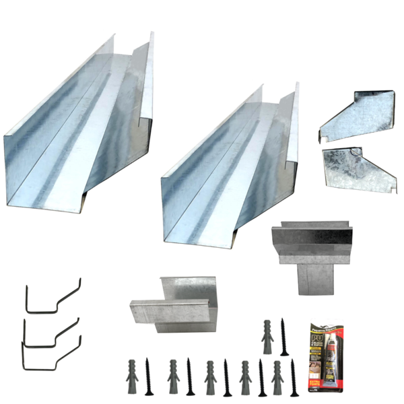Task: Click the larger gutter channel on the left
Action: point(74,135)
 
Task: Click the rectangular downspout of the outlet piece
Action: point(314,277)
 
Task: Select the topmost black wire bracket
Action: point(53,296)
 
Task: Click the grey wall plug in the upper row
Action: point(267,335)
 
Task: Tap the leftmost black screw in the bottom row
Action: point(148,377)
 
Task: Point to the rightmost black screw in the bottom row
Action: point(292,378)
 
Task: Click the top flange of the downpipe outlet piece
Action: point(312,236)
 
